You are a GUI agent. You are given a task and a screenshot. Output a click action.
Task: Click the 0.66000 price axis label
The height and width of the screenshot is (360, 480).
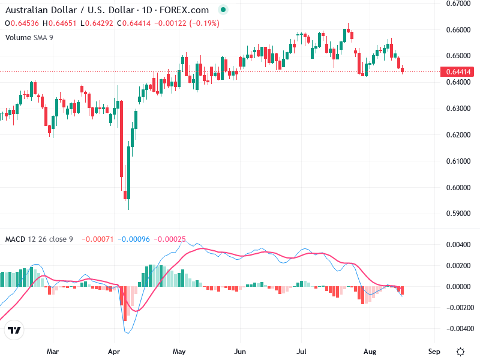458,29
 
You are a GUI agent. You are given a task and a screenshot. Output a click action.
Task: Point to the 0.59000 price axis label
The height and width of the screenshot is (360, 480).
458,214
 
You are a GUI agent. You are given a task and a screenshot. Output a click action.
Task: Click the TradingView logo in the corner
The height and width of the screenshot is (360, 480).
14,331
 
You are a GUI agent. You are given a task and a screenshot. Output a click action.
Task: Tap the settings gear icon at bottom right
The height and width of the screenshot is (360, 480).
460,351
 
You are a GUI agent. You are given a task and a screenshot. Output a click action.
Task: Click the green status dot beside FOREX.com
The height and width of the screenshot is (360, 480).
223,10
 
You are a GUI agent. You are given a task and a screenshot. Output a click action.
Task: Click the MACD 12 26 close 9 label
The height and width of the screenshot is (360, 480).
39,239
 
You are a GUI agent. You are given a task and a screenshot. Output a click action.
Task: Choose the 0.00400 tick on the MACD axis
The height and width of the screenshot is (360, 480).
458,245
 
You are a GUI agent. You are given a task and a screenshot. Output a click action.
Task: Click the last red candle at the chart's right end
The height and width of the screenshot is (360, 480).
403,70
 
